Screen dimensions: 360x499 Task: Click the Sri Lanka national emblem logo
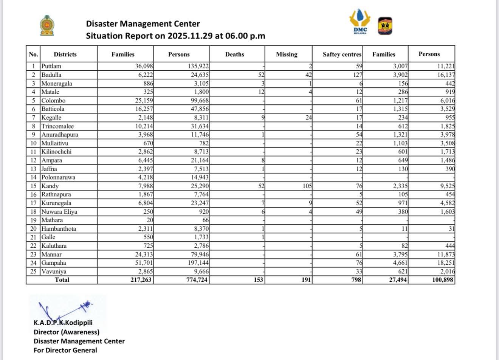[47, 25]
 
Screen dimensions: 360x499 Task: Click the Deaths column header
[234, 54]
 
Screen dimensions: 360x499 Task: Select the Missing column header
[287, 54]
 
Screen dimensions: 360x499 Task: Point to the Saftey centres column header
[342, 54]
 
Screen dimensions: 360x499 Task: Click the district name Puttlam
[51, 66]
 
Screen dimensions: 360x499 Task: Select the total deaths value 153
[258, 280]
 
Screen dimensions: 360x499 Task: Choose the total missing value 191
[306, 280]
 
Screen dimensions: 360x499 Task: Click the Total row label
[62, 280]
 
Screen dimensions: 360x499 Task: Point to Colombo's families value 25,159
[144, 101]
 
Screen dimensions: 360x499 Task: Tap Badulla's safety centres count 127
[356, 75]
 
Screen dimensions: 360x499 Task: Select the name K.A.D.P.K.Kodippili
[63, 323]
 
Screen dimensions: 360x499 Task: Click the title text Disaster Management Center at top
[143, 24]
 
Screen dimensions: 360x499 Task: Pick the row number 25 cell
[33, 272]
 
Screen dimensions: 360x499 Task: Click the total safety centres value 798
[356, 280]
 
